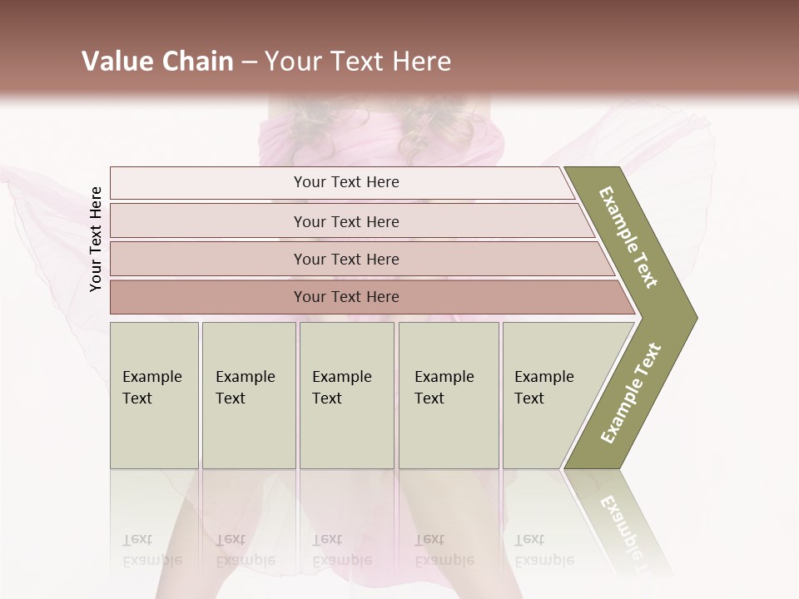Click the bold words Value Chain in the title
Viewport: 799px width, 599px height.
(x=157, y=62)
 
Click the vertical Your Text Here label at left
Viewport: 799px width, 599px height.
(x=96, y=240)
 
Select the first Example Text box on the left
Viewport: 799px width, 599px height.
(x=154, y=395)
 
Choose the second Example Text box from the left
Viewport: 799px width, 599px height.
(x=248, y=395)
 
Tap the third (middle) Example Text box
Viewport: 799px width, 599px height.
(x=346, y=395)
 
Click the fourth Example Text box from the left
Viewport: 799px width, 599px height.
(x=448, y=395)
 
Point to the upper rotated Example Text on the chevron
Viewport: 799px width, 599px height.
(x=628, y=237)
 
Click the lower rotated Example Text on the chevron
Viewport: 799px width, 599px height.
(x=631, y=394)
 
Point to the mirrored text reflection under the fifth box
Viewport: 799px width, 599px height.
(x=543, y=550)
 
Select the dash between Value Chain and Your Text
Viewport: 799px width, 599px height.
(x=249, y=62)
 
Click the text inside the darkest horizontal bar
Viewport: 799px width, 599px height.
(x=346, y=297)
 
